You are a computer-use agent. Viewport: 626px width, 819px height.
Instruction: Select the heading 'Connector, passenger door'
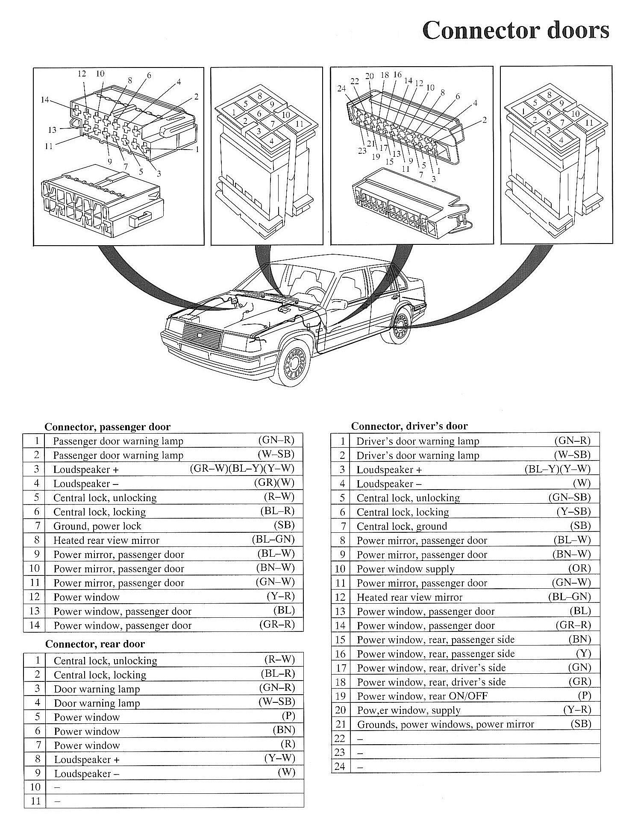point(107,427)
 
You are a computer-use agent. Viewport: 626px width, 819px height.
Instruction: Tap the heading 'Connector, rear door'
point(95,644)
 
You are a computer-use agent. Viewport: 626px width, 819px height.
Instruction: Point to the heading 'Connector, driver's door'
point(409,426)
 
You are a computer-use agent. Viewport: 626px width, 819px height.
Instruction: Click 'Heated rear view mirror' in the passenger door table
point(106,540)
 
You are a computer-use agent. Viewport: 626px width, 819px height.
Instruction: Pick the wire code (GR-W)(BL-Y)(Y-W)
point(242,469)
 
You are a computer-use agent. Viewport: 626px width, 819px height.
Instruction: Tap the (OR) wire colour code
point(579,568)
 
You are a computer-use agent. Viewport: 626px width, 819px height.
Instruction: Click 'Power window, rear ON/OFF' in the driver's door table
point(422,696)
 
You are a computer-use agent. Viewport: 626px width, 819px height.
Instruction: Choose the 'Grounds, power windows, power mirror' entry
point(445,724)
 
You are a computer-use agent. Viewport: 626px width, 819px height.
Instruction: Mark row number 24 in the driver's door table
point(340,766)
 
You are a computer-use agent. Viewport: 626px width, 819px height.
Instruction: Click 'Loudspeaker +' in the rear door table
point(86,760)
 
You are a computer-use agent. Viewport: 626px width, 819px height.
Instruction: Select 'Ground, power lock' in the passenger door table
point(97,526)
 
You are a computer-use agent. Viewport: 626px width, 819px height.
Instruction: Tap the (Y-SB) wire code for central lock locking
point(573,511)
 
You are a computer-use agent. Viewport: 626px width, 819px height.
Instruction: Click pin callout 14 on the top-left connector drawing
point(45,100)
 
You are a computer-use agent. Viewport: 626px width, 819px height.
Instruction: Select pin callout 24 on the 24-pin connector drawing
point(341,89)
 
